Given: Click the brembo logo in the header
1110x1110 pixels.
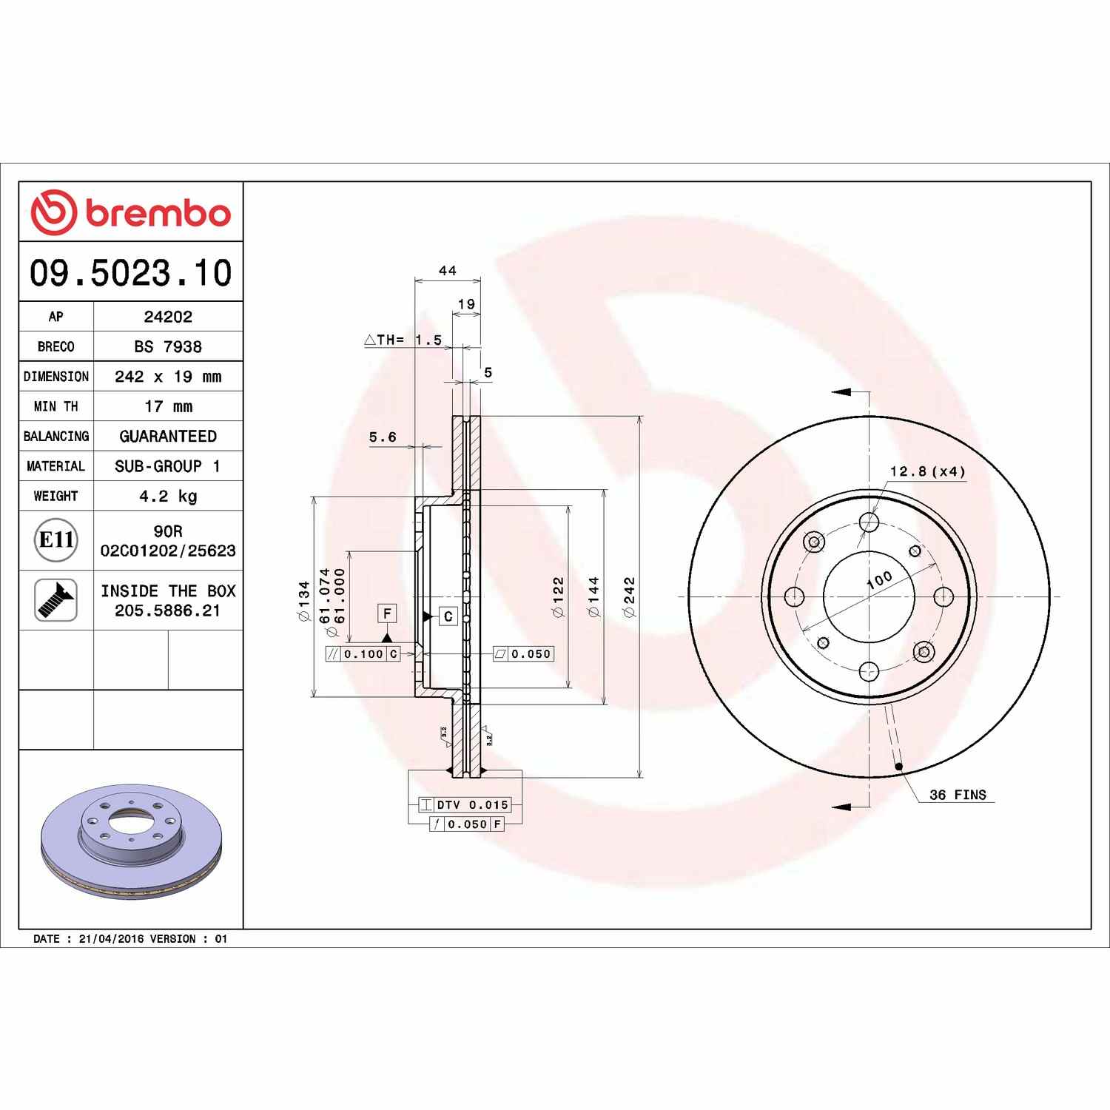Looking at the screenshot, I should tap(130, 212).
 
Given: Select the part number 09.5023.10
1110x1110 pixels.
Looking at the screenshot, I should tap(130, 272).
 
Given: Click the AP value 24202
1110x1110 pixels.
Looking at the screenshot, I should tap(168, 317).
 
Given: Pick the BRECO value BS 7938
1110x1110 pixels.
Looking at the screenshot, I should tap(168, 346).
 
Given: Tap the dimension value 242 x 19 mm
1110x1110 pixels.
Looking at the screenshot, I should tap(168, 377).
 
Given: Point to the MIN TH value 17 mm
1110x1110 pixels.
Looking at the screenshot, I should tap(168, 406).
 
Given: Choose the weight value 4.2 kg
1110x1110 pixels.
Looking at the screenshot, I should tap(168, 496).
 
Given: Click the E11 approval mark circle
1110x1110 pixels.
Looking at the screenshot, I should tap(56, 540).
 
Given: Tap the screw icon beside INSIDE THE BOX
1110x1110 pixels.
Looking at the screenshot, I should tap(56, 600).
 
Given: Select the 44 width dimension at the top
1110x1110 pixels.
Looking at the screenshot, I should tap(448, 271).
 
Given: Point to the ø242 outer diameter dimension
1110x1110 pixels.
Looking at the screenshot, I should tap(629, 597).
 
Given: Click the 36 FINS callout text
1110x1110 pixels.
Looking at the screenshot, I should tap(958, 795).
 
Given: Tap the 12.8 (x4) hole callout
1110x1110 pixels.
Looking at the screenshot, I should tap(927, 471).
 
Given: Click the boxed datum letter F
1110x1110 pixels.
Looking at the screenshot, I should tap(386, 613).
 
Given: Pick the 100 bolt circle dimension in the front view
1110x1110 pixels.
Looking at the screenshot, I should tap(880, 579).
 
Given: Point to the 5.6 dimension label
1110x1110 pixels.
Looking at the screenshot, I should tap(383, 437).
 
